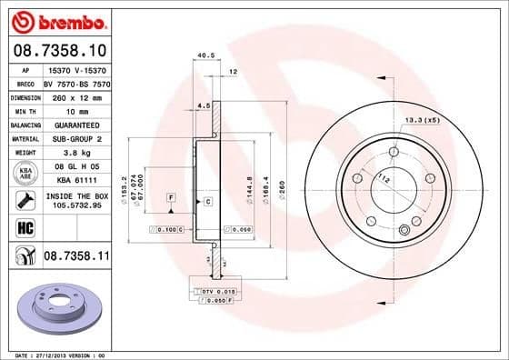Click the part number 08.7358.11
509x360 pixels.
tap(75, 258)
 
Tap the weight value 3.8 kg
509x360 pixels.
tap(75, 154)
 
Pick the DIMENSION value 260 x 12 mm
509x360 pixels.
tap(75, 96)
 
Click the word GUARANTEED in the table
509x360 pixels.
tap(75, 125)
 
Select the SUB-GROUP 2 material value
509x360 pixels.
tap(75, 139)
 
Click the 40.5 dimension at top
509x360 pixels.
tap(205, 55)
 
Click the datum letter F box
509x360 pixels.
tap(171, 197)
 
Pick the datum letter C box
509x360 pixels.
tap(208, 200)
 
